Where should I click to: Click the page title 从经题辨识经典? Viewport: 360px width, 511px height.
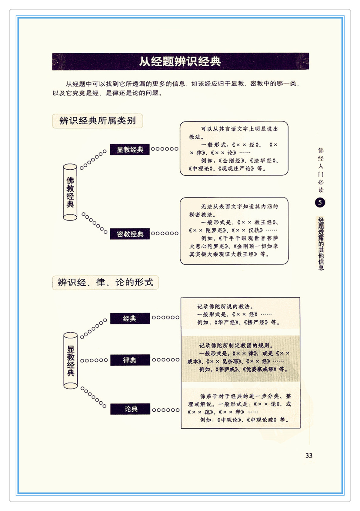pos(180,61)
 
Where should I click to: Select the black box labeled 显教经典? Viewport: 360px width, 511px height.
pos(130,150)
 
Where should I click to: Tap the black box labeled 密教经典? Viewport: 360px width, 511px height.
pos(130,234)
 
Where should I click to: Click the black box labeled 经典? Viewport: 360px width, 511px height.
pos(130,318)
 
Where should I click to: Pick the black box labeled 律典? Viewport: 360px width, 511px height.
pos(130,360)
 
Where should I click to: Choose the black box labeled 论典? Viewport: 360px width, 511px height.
pos(130,409)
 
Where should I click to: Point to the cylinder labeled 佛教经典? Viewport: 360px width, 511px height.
pos(70,192)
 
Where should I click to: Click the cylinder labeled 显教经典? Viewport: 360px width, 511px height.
pos(71,360)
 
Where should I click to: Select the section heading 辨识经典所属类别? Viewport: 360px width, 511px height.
pos(97,121)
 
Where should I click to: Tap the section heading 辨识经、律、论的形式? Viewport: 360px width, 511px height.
pos(105,283)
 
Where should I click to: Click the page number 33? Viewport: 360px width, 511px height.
pos(309,456)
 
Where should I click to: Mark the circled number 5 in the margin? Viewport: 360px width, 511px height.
pos(320,202)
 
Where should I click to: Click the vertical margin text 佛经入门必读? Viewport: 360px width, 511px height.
pos(321,170)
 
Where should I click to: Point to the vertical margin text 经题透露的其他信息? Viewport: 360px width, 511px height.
pos(321,244)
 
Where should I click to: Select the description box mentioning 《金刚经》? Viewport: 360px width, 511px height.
pos(234,148)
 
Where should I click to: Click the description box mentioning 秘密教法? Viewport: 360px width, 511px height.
pos(234,231)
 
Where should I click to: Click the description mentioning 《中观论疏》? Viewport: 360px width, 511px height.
pos(240,408)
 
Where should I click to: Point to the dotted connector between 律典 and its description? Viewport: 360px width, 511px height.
pos(165,360)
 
